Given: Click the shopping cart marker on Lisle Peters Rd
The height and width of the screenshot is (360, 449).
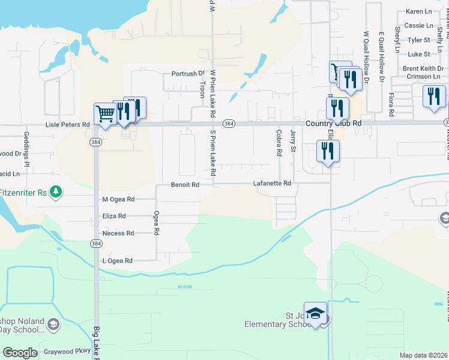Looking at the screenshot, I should (105, 113).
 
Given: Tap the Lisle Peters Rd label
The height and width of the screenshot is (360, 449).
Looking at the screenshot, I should (68, 125).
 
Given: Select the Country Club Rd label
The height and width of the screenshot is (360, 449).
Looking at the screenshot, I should (333, 123).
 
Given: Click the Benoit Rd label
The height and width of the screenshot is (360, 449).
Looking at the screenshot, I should (184, 185).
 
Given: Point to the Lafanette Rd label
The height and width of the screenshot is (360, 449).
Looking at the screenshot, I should (271, 184).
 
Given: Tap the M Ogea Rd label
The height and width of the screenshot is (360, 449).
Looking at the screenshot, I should (118, 199).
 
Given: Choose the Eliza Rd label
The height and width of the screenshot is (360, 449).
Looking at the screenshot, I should (114, 216).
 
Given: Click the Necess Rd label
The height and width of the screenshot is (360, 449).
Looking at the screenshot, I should (118, 233).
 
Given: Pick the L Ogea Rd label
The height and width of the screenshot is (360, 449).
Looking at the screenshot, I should (117, 261).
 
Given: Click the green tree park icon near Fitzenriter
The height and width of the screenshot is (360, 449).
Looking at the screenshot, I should (56, 191).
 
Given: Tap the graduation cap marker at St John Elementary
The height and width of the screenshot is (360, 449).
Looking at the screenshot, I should (316, 314).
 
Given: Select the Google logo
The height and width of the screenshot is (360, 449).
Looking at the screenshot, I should (20, 353).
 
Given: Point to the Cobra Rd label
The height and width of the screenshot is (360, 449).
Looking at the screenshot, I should (279, 143).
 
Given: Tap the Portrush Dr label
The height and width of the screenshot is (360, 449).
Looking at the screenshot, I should (188, 74).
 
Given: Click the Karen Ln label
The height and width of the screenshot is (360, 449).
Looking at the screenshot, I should (418, 11).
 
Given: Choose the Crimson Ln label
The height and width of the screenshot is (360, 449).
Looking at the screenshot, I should (426, 77).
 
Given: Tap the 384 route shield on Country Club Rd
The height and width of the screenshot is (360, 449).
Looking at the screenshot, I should (228, 123).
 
